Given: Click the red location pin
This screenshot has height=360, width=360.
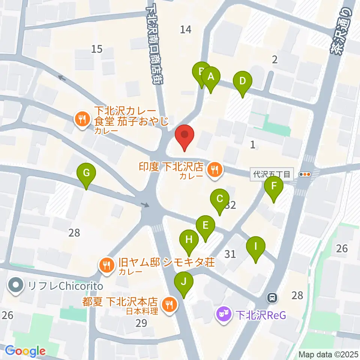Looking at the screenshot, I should point(184,135).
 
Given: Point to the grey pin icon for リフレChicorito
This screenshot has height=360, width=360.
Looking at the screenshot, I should point(16,286).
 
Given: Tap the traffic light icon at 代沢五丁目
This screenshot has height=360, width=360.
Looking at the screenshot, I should point(306,174).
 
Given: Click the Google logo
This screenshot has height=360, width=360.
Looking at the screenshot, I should point(25,351).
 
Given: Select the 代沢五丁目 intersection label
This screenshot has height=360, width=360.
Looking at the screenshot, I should point(271,174).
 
